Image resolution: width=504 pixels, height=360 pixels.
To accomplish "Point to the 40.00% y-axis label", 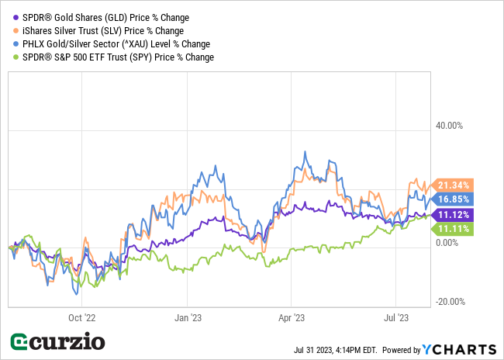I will pyautogui.click(x=450, y=126).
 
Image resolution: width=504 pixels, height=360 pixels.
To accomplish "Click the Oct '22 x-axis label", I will pyautogui.click(x=81, y=317).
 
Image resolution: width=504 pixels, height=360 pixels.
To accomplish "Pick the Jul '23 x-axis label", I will pyautogui.click(x=398, y=317).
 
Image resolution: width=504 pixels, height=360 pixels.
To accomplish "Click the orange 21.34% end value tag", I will pyautogui.click(x=453, y=185).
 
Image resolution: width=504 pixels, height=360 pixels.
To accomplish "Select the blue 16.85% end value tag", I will pyautogui.click(x=453, y=199).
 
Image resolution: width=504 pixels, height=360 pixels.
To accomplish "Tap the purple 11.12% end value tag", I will pyautogui.click(x=453, y=214).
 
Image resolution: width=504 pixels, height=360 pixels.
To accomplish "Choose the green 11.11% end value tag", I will pyautogui.click(x=453, y=229).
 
